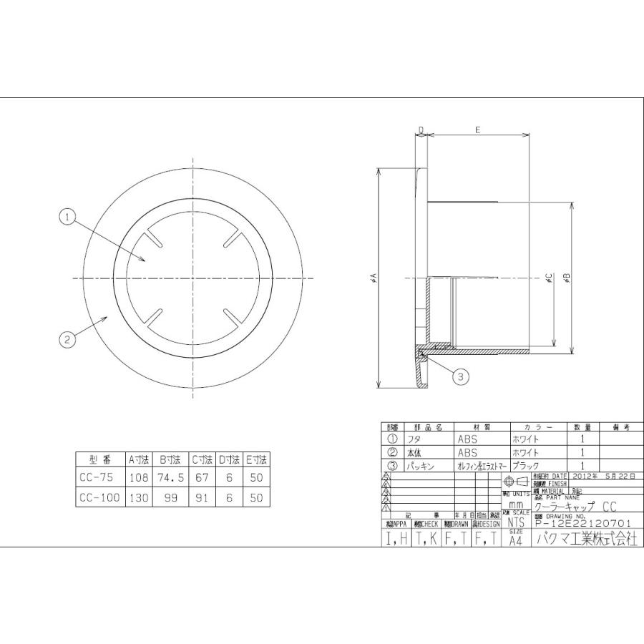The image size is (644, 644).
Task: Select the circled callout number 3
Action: pyautogui.click(x=462, y=375)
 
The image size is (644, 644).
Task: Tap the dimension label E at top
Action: pyautogui.click(x=477, y=130)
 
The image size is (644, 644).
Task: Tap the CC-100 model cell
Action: pyautogui.click(x=100, y=497)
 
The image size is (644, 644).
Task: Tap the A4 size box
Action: pyautogui.click(x=516, y=540)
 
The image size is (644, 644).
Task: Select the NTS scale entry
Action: pyautogui.click(x=516, y=523)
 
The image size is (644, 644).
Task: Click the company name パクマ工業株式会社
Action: pyautogui.click(x=584, y=540)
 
